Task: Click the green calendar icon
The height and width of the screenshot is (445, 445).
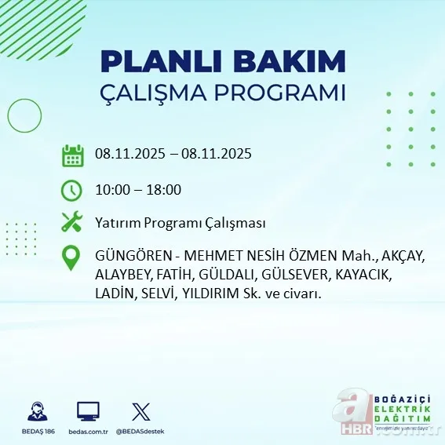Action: pyautogui.click(x=73, y=155)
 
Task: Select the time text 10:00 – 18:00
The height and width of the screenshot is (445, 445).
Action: pyautogui.click(x=137, y=189)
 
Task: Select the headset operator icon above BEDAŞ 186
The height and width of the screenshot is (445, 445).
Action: pyautogui.click(x=36, y=411)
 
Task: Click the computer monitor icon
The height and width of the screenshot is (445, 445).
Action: pyautogui.click(x=88, y=411)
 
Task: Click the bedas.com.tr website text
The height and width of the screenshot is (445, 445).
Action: pyautogui.click(x=88, y=431)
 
